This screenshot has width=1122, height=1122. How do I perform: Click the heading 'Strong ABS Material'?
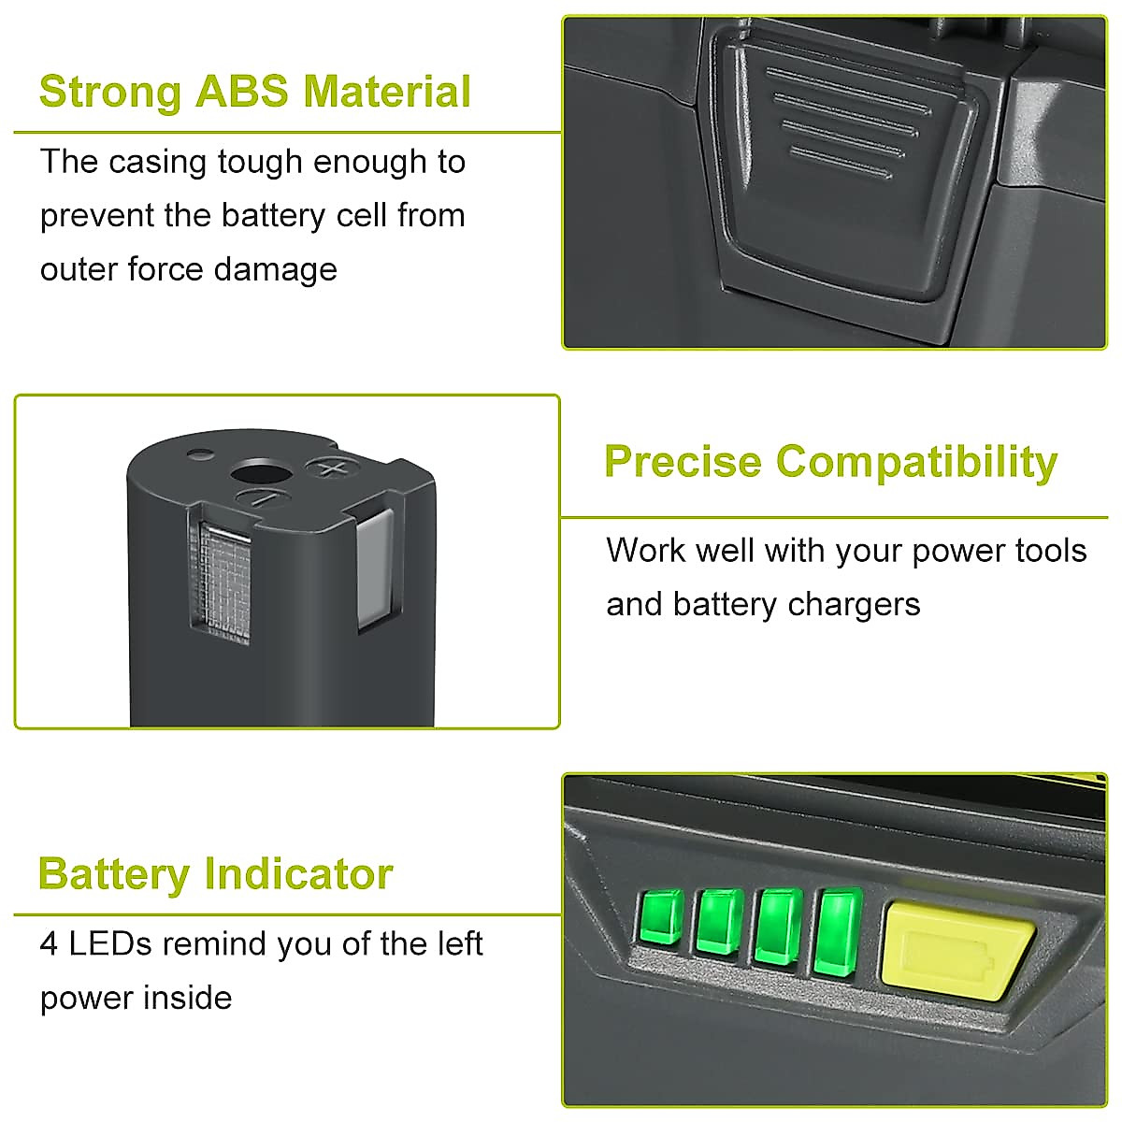(254, 92)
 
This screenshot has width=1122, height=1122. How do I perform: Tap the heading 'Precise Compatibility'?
(830, 461)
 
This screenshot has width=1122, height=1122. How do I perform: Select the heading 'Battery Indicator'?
(215, 874)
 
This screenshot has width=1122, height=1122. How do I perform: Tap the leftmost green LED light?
(662, 917)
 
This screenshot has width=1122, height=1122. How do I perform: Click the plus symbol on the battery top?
(328, 467)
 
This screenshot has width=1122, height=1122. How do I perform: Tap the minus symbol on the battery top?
(263, 498)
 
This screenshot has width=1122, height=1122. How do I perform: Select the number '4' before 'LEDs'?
(49, 944)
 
